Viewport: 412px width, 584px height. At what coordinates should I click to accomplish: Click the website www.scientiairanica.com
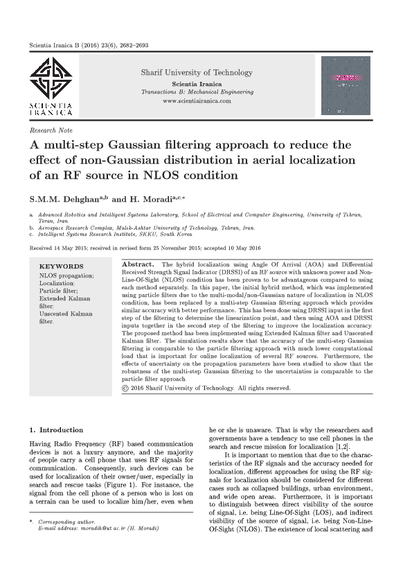pos(197,101)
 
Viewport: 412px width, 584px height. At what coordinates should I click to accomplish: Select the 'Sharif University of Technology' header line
pos(197,73)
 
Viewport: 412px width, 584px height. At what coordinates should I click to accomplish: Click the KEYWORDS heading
pos(61,266)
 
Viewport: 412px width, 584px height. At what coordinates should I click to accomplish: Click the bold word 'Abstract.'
pos(137,266)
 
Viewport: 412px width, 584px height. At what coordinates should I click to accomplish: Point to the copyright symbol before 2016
pos(125,388)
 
